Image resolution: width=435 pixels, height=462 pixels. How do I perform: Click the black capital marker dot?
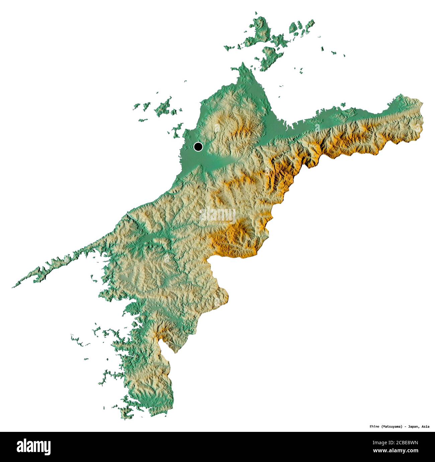pyautogui.click(x=198, y=147)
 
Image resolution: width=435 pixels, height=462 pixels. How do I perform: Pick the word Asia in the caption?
pyautogui.click(x=425, y=427)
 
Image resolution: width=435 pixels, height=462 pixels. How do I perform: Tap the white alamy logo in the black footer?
pyautogui.click(x=34, y=447)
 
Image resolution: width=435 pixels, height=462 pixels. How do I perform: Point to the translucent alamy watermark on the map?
pyautogui.click(x=217, y=215)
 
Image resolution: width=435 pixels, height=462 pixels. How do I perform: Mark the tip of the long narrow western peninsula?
pyautogui.click(x=13, y=287)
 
